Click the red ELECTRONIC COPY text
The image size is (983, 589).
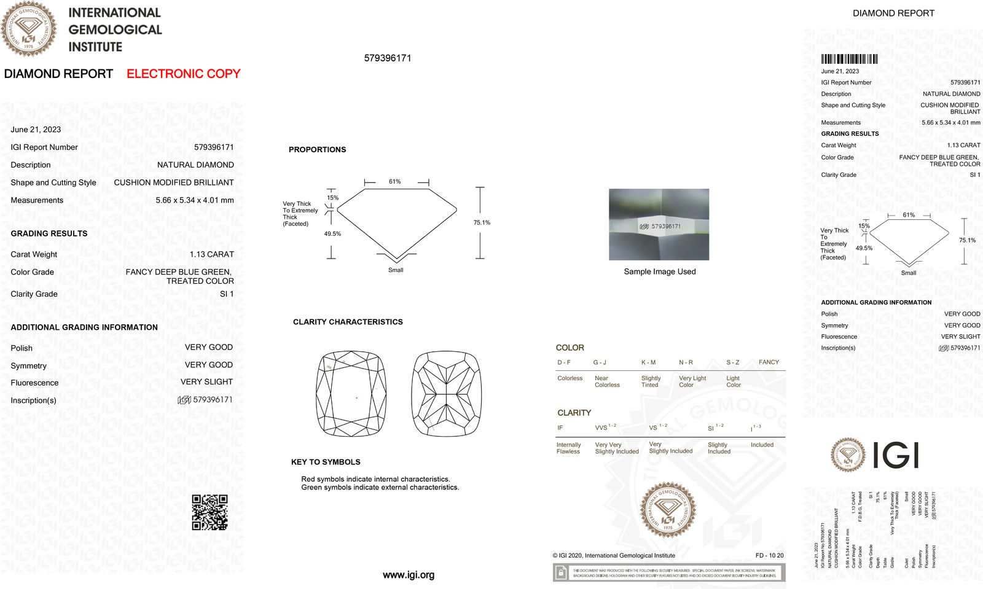[183, 74]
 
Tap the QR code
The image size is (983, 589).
[210, 512]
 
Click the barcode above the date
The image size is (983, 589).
[849, 59]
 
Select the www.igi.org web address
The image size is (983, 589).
[409, 575]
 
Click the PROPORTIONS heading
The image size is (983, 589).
[317, 149]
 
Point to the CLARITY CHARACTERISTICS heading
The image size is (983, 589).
[348, 322]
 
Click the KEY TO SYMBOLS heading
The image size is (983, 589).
[326, 462]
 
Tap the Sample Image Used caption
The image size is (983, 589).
[660, 271]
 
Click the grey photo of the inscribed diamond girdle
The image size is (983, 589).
[659, 224]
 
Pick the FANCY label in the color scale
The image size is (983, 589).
[769, 362]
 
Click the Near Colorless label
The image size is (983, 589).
[607, 381]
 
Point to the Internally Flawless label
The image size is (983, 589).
[568, 448]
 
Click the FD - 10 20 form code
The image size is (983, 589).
[769, 555]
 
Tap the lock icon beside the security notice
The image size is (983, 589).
[561, 572]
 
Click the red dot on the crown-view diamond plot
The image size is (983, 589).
[357, 398]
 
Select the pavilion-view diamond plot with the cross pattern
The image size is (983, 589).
[447, 394]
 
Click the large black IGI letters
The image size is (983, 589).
[895, 455]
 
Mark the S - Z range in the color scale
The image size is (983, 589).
[732, 362]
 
